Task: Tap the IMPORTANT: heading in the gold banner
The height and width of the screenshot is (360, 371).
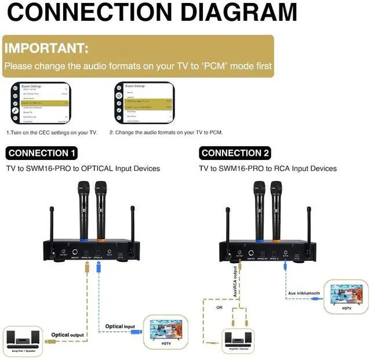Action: (46, 48)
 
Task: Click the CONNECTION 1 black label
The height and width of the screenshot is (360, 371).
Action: (42, 153)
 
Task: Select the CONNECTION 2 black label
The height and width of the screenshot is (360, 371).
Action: (235, 153)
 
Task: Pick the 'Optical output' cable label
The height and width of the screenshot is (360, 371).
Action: (67, 334)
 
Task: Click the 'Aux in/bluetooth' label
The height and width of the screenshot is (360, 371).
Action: (304, 293)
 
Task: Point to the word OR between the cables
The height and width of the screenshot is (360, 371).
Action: (219, 308)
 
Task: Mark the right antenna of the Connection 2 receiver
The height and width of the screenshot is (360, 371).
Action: (307, 223)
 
